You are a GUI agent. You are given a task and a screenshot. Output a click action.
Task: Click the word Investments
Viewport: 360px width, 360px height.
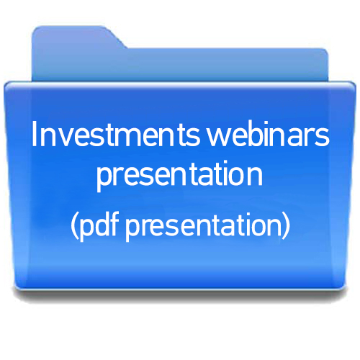pyautogui.click(x=116, y=134)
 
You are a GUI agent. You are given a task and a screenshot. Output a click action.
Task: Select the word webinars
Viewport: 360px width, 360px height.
pyautogui.click(x=268, y=134)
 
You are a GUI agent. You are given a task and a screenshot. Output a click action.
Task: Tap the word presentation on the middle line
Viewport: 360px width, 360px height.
pyautogui.click(x=179, y=175)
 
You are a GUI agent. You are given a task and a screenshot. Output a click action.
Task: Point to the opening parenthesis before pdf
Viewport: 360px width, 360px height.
pyautogui.click(x=74, y=226)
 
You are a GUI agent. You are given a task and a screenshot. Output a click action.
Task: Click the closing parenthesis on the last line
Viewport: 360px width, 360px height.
pyautogui.click(x=287, y=226)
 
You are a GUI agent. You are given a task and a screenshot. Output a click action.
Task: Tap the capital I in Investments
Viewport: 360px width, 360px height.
pyautogui.click(x=34, y=134)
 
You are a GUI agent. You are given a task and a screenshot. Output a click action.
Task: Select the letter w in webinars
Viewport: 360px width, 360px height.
pyautogui.click(x=218, y=138)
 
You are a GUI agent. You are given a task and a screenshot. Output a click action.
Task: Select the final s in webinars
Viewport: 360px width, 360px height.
pyautogui.click(x=323, y=138)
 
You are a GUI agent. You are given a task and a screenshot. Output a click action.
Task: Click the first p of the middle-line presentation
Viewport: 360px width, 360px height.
pyautogui.click(x=104, y=179)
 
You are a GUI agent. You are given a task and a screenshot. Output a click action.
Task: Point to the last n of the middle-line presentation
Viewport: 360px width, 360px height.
pyautogui.click(x=256, y=177)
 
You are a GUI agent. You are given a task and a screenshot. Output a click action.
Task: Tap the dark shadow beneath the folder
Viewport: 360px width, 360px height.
pyautogui.click(x=180, y=296)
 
